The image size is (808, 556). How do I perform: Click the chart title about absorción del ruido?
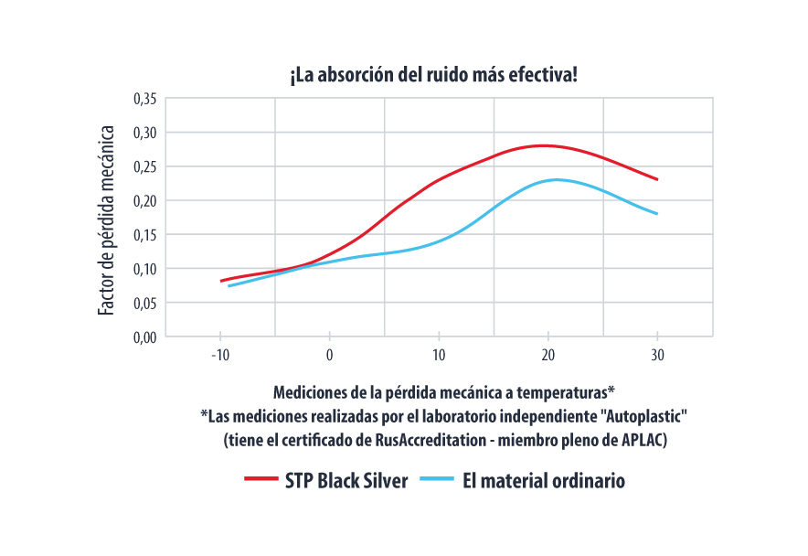coord(433,74)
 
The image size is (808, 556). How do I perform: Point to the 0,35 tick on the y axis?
coord(145,99)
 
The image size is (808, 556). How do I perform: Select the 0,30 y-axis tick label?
coord(145,133)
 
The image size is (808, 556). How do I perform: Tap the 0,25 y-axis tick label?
coord(145,166)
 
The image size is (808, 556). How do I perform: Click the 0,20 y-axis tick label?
coord(145,200)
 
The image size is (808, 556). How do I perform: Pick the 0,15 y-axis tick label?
coord(145,234)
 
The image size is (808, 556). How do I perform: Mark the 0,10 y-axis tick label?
coord(145,269)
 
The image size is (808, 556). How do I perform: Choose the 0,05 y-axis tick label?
coord(145,303)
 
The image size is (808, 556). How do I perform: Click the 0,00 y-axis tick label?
coord(145,337)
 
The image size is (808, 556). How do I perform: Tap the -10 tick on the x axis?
coord(219,355)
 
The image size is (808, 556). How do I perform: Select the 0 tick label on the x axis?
coord(330,355)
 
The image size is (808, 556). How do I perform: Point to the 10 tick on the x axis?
coord(439,355)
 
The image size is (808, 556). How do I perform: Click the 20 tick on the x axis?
coord(548,355)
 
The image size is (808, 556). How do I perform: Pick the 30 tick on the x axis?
coord(657,355)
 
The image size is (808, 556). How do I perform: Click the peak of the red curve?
coord(544,145)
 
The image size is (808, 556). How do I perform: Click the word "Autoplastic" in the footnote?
coord(644,416)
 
